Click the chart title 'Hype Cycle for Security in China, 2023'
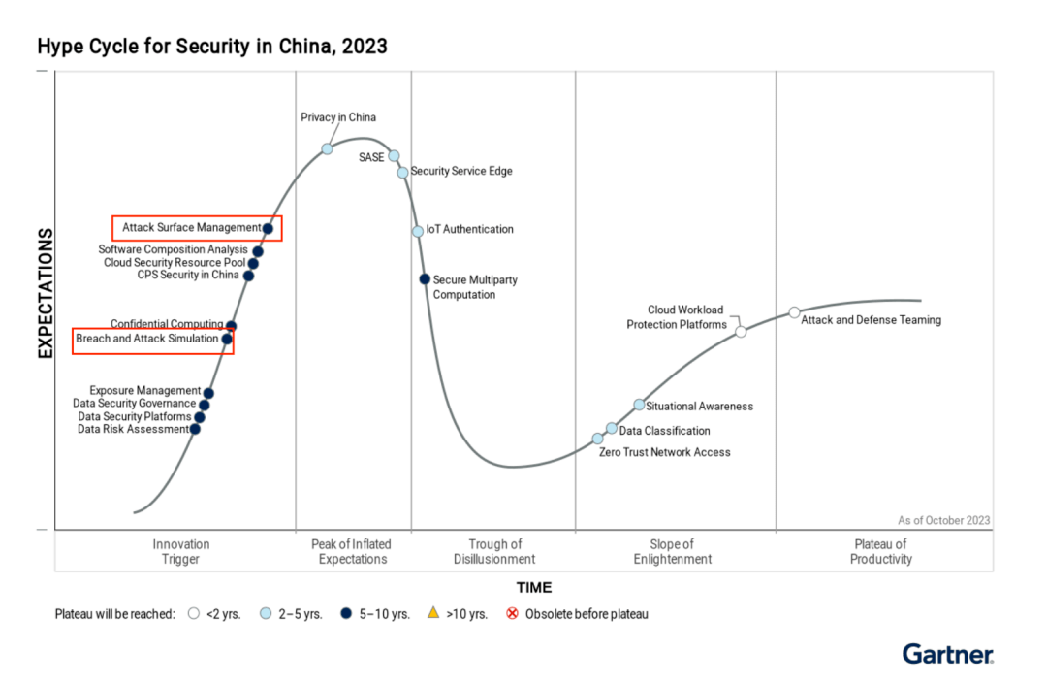(212, 47)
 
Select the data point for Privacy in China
(328, 148)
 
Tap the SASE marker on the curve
(394, 156)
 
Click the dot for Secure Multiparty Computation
(425, 279)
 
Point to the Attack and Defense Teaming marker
(794, 312)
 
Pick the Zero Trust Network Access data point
(598, 439)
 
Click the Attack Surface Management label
(192, 228)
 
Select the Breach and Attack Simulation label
(147, 339)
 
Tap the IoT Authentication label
(470, 230)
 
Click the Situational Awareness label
(699, 407)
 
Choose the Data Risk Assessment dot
(196, 429)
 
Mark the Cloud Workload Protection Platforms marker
(741, 332)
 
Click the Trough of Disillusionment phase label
(494, 551)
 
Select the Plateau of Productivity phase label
(881, 551)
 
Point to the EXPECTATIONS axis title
(45, 294)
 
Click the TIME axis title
(533, 587)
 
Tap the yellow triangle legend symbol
(433, 613)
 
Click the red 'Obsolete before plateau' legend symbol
(513, 614)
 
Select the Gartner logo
(947, 654)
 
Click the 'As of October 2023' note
(943, 520)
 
